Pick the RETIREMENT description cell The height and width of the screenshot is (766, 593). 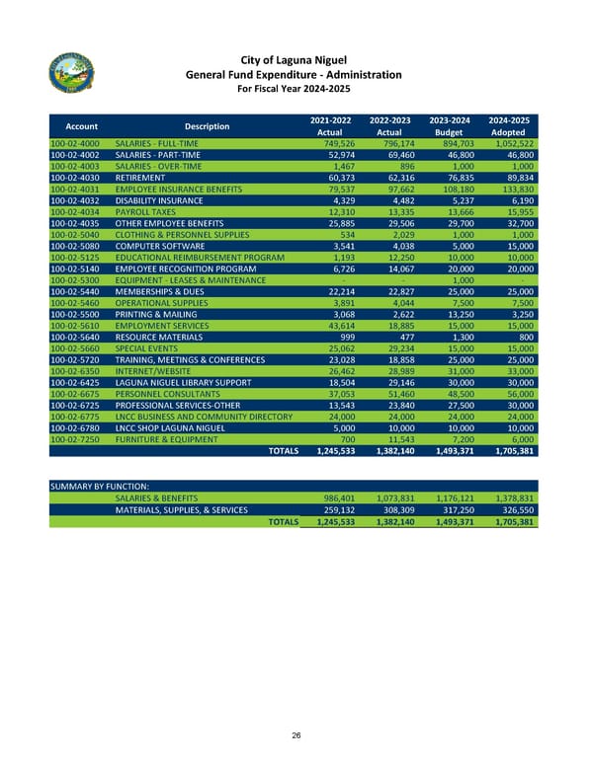tap(138, 178)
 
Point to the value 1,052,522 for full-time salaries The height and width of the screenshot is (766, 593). tap(513, 143)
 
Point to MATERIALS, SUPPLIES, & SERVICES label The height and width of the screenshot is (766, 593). tap(182, 509)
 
